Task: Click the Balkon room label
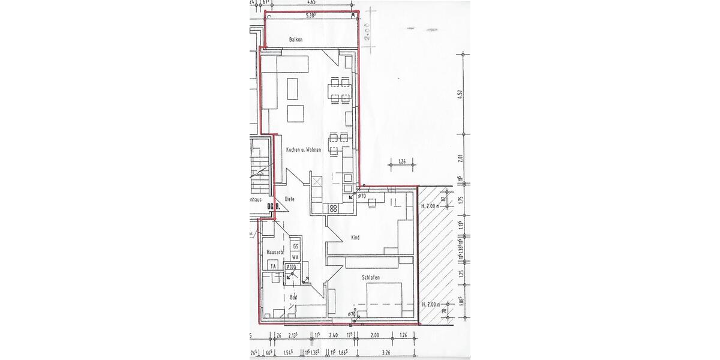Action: [295, 40]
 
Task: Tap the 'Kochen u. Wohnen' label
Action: [304, 149]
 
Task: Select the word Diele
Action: [289, 199]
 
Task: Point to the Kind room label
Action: [355, 238]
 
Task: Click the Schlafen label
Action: [372, 278]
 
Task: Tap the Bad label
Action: [293, 297]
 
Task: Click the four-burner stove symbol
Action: [332, 208]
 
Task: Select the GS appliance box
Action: [295, 246]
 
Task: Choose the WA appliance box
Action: [295, 257]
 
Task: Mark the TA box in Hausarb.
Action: [272, 266]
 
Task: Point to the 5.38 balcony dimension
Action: [310, 16]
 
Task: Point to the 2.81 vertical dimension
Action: [461, 159]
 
